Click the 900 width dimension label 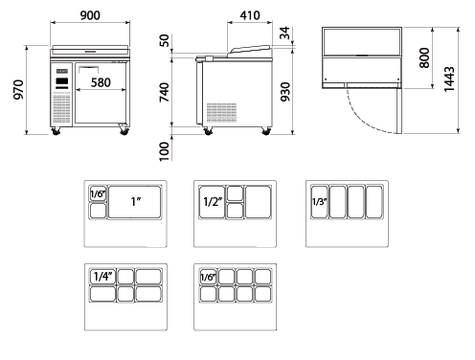(x=90, y=15)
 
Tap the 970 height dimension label (x=18, y=89)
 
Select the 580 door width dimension (x=101, y=82)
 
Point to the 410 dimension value (x=250, y=15)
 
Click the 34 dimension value (x=285, y=34)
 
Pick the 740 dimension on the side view (x=165, y=92)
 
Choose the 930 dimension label (x=285, y=92)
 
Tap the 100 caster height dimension (x=164, y=151)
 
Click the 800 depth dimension (x=424, y=57)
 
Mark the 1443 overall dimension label (x=449, y=79)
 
